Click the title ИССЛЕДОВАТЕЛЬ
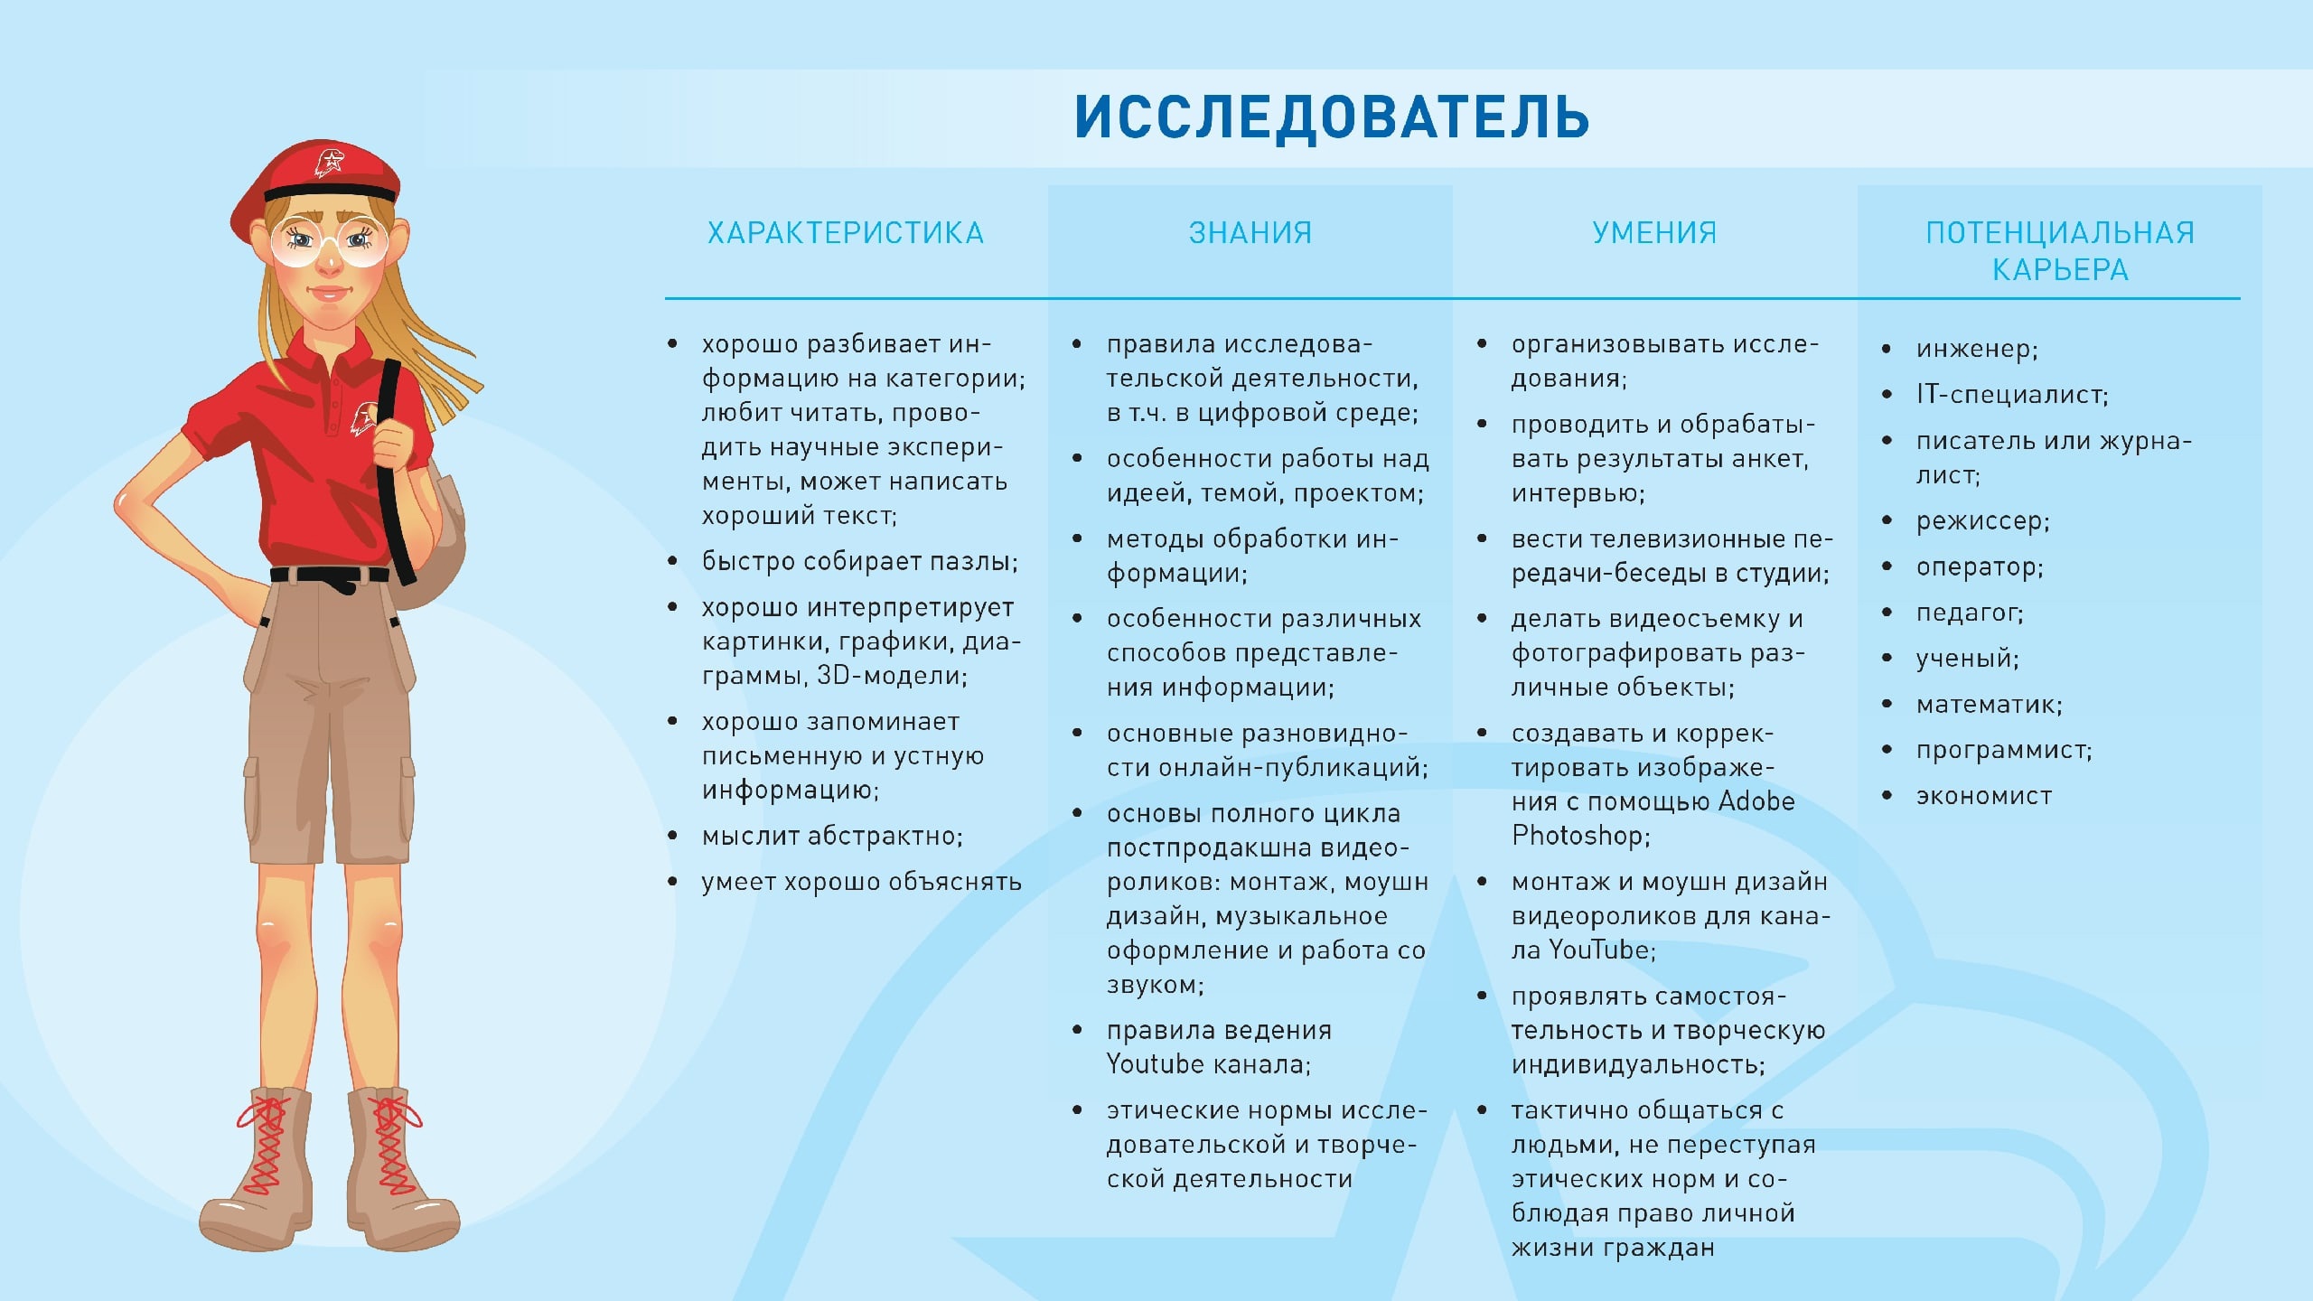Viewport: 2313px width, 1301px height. click(1332, 117)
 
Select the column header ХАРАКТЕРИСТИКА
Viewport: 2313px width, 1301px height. click(846, 233)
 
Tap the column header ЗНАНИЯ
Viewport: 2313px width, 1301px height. click(1250, 233)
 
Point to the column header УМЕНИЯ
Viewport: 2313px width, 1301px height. click(1654, 233)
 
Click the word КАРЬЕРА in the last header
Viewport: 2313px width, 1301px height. click(2060, 269)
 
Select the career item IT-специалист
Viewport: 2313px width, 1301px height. click(2012, 395)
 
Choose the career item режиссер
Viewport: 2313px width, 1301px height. click(1983, 521)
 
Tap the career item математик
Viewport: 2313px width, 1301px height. click(1990, 705)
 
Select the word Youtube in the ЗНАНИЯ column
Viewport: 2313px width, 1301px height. click(1156, 1064)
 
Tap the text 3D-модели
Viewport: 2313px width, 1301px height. click(892, 676)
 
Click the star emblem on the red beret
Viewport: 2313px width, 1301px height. click(331, 163)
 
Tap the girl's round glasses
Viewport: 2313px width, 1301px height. click(329, 239)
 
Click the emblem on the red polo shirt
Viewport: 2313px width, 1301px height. click(363, 418)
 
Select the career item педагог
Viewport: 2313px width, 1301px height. click(1971, 613)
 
